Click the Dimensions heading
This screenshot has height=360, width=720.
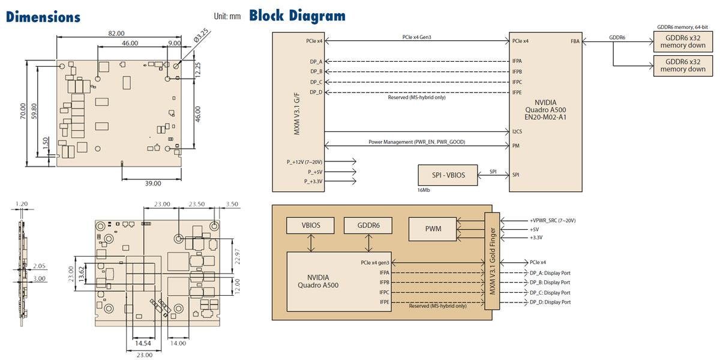tap(43, 16)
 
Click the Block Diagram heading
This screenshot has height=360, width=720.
tap(297, 15)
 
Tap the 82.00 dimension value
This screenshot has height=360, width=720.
tap(116, 34)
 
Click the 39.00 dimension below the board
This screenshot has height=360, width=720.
tap(153, 183)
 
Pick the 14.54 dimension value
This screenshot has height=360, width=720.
tap(142, 344)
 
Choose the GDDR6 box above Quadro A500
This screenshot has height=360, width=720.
tap(367, 225)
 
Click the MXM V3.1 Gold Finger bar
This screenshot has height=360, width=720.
tap(491, 260)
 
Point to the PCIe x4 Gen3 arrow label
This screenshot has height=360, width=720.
tap(416, 37)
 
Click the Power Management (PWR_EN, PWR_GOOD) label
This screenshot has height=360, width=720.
tap(416, 142)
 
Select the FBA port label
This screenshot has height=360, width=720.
tap(575, 41)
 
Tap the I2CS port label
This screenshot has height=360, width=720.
tap(518, 131)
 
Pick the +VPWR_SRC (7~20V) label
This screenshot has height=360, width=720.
tap(552, 221)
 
